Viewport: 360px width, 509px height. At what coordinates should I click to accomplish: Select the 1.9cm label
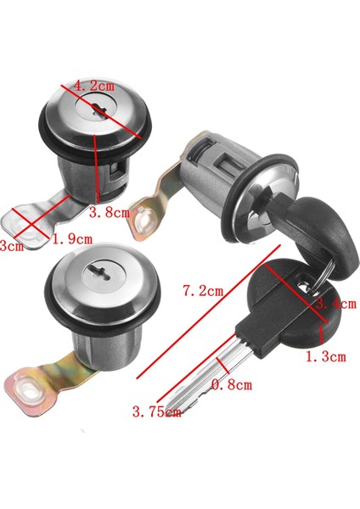tap(71, 240)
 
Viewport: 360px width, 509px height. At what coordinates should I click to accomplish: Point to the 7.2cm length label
tap(202, 290)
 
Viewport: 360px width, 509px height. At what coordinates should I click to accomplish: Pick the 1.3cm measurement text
tap(325, 357)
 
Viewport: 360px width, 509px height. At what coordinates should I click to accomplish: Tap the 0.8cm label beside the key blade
tap(231, 385)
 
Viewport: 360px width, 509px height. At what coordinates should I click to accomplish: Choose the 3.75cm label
tap(156, 413)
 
